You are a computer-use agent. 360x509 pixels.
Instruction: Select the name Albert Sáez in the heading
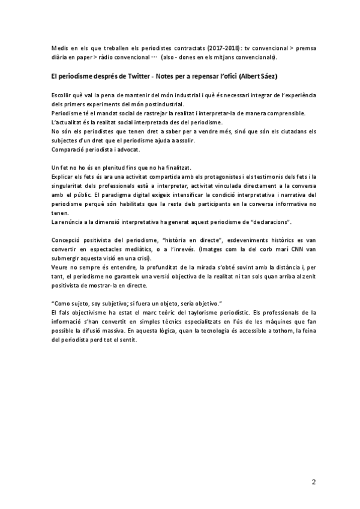click(x=260, y=77)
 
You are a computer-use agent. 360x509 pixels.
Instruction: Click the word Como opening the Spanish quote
click(x=65, y=304)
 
